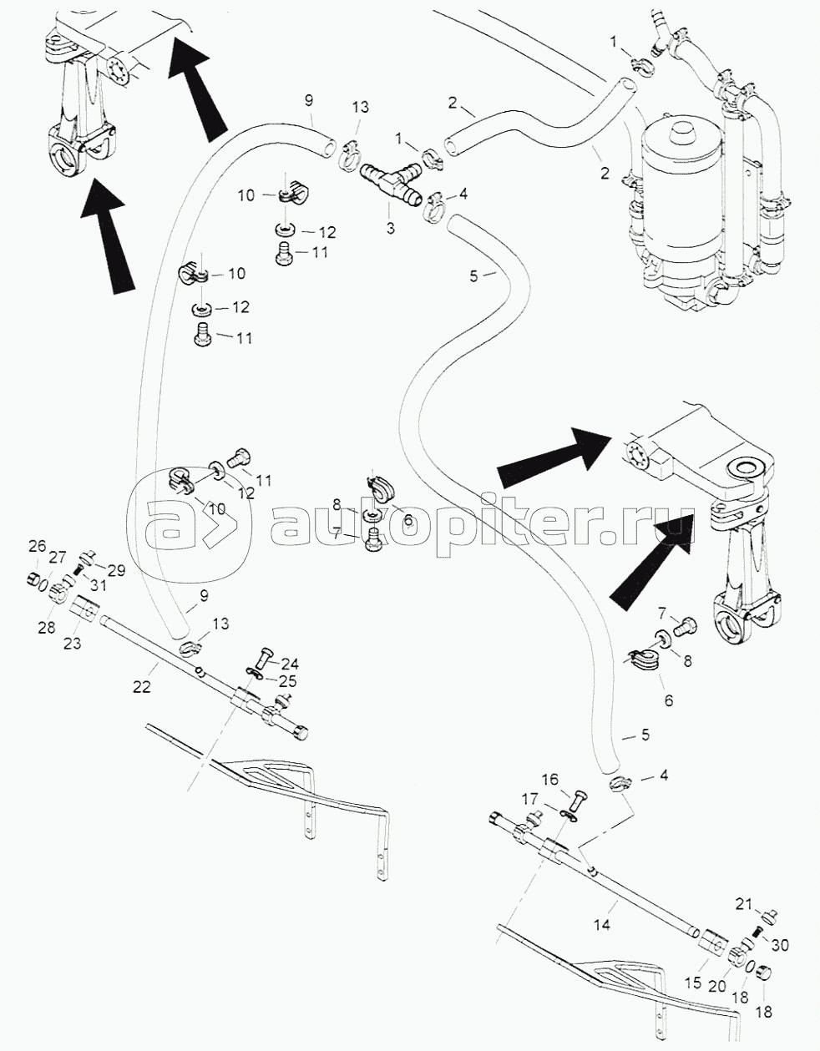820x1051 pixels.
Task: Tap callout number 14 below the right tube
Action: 602,925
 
